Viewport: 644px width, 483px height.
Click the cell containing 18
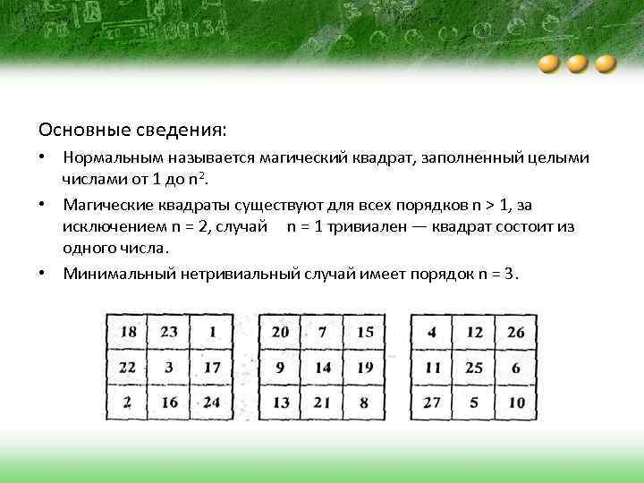[129, 333]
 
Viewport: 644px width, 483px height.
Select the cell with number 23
[170, 333]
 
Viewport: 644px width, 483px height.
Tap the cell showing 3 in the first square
[170, 368]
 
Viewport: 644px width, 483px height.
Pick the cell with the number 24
[211, 402]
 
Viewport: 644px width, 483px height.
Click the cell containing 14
[323, 368]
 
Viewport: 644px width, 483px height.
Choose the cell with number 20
[281, 333]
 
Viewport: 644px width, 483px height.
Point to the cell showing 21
[323, 402]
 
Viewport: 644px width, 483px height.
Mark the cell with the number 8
[364, 402]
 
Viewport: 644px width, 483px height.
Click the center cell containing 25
[474, 368]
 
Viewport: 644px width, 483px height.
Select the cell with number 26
[515, 333]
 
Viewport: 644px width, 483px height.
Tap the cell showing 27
[433, 402]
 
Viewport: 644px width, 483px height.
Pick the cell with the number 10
[515, 402]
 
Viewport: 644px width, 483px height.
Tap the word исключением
[111, 226]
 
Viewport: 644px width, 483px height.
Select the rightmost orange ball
[606, 64]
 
